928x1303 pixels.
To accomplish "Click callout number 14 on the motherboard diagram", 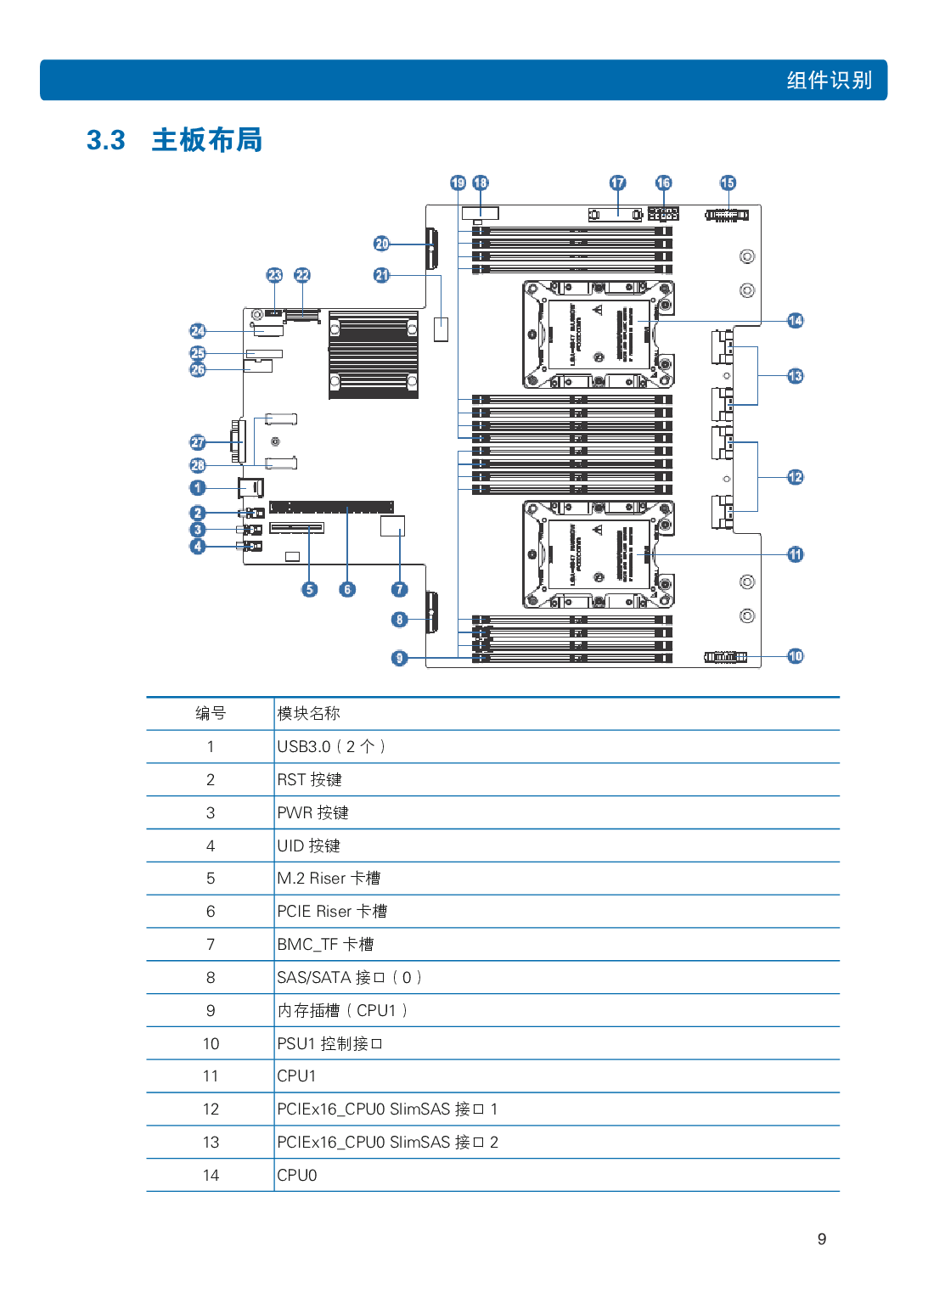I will (795, 321).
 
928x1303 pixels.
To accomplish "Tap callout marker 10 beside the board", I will (795, 656).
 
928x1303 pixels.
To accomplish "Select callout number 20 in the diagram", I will (382, 244).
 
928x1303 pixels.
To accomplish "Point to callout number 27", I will (198, 442).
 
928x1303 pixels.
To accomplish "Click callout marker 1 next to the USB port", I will (198, 488).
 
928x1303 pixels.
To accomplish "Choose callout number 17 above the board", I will (617, 183).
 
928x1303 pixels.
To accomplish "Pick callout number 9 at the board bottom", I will (400, 658).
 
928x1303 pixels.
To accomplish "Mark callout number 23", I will (274, 275).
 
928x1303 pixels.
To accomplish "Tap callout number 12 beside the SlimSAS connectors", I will (795, 477).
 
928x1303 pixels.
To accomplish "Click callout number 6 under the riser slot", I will (347, 589).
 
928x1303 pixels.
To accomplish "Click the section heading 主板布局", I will (207, 140).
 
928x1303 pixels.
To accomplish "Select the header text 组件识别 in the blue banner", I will (829, 81).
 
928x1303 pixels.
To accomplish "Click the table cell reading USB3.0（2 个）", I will (331, 747).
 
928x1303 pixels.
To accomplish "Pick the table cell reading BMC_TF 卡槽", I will (325, 945).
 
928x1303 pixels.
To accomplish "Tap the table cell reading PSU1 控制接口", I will (329, 1044).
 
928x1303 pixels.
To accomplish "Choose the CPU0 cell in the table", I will (297, 1176).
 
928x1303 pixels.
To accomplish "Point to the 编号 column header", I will (210, 714).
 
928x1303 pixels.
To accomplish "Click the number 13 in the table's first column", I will (211, 1143).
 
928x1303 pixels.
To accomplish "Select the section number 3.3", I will (106, 140).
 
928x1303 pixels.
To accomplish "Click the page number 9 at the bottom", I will (821, 1239).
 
